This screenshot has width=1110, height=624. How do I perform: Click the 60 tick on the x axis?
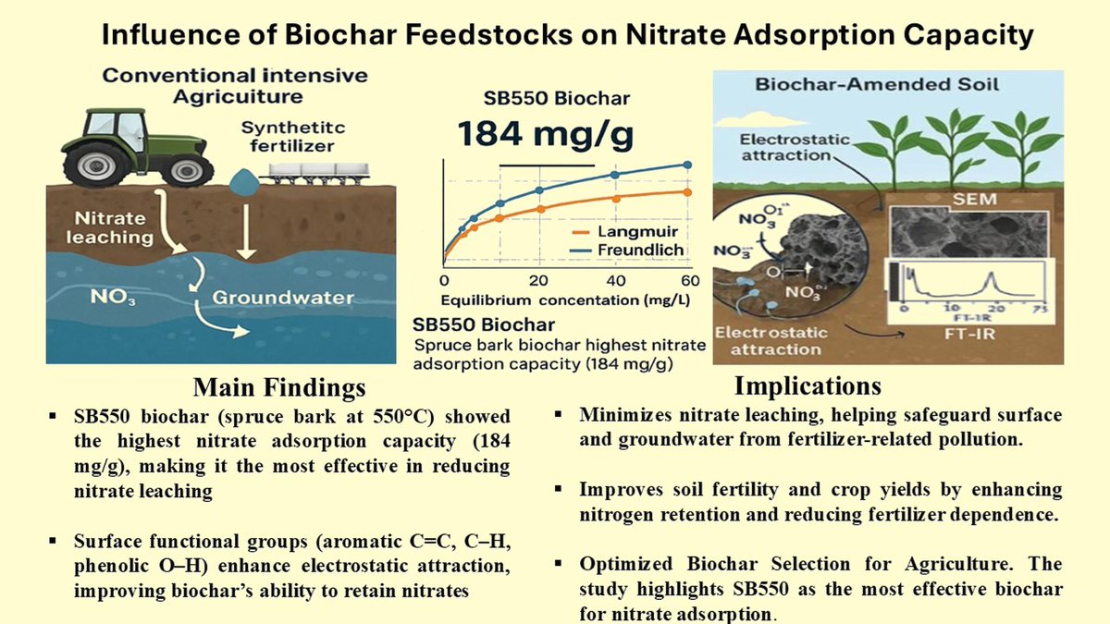(x=688, y=280)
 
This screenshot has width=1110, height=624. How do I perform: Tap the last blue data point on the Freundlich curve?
(x=687, y=165)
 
